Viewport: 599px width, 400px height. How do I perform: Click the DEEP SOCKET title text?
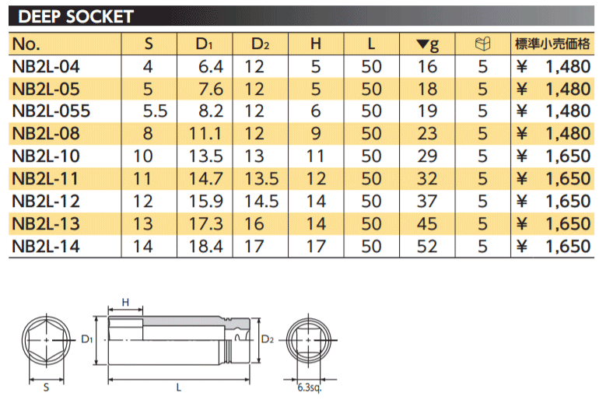click(x=75, y=16)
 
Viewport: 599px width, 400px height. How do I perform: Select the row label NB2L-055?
click(x=51, y=111)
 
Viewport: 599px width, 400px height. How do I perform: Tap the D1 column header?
click(x=204, y=44)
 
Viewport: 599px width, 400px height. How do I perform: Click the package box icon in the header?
click(x=482, y=44)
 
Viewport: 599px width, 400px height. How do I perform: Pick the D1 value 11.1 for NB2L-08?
click(x=205, y=134)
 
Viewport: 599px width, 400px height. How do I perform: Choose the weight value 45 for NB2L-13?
click(x=427, y=224)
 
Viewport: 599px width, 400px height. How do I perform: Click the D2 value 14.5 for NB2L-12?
click(x=261, y=202)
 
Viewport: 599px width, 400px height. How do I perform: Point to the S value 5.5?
click(x=155, y=111)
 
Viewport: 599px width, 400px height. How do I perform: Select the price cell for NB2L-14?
click(x=553, y=247)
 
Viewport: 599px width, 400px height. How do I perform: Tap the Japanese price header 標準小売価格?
click(x=552, y=44)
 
